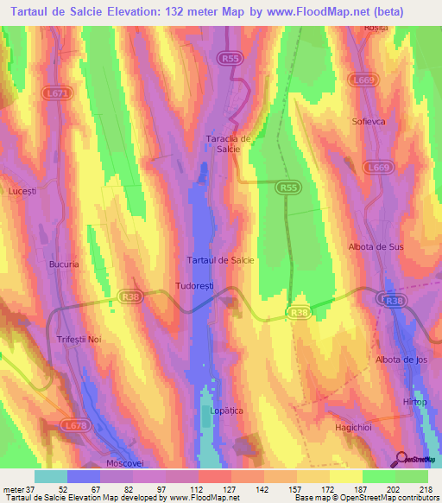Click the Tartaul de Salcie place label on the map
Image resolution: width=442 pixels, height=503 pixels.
click(x=220, y=260)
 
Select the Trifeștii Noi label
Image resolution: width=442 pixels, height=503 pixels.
click(x=79, y=340)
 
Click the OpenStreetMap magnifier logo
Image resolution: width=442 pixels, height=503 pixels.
click(x=400, y=458)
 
